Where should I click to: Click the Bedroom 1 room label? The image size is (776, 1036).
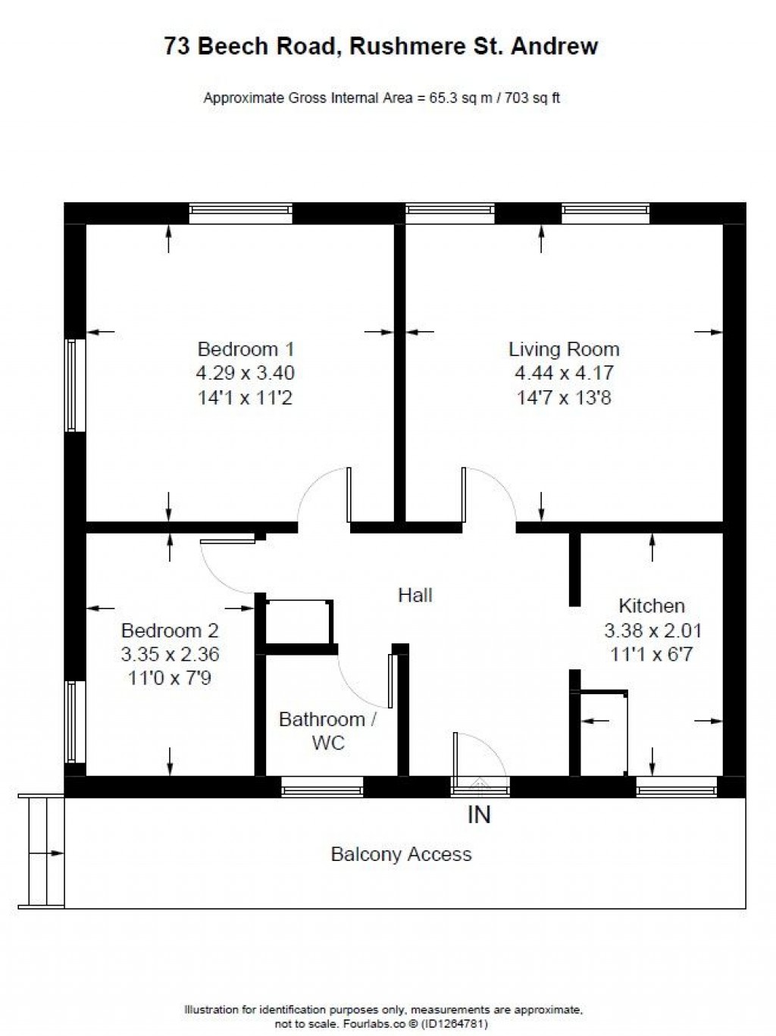pyautogui.click(x=245, y=349)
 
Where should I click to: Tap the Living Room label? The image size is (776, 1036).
pyautogui.click(x=563, y=349)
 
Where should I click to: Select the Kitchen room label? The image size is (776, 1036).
pyautogui.click(x=652, y=606)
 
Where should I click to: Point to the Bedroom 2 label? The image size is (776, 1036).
pyautogui.click(x=170, y=630)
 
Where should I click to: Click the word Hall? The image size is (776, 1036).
pyautogui.click(x=415, y=596)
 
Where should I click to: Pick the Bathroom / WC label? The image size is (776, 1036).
pyautogui.click(x=327, y=731)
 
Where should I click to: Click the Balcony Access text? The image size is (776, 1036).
pyautogui.click(x=401, y=854)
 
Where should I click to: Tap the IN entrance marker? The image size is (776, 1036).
pyautogui.click(x=479, y=815)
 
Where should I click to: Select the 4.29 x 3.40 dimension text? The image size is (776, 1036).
pyautogui.click(x=245, y=373)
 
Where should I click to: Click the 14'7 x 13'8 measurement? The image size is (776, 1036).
pyautogui.click(x=563, y=397)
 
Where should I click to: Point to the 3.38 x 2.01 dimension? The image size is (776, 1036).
pyautogui.click(x=652, y=630)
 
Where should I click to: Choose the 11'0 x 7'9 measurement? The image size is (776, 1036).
pyautogui.click(x=170, y=678)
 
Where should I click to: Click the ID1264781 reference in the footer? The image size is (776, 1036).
pyautogui.click(x=455, y=1024)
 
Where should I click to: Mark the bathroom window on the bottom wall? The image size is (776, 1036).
pyautogui.click(x=322, y=789)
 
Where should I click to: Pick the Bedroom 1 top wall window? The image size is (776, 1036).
pyautogui.click(x=240, y=213)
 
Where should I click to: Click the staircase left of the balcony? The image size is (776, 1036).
pyautogui.click(x=41, y=850)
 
